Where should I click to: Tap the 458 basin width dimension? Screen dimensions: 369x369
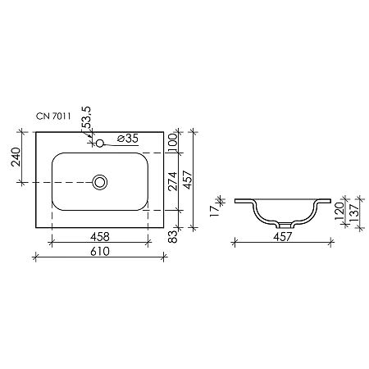tap(98, 236)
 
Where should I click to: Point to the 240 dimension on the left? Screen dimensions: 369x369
tap(15, 156)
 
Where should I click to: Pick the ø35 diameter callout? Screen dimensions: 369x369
tap(126, 139)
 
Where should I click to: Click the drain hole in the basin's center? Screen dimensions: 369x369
tap(100, 181)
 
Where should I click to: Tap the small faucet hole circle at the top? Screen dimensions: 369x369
tap(99, 143)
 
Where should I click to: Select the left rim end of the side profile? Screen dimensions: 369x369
tap(235, 199)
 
